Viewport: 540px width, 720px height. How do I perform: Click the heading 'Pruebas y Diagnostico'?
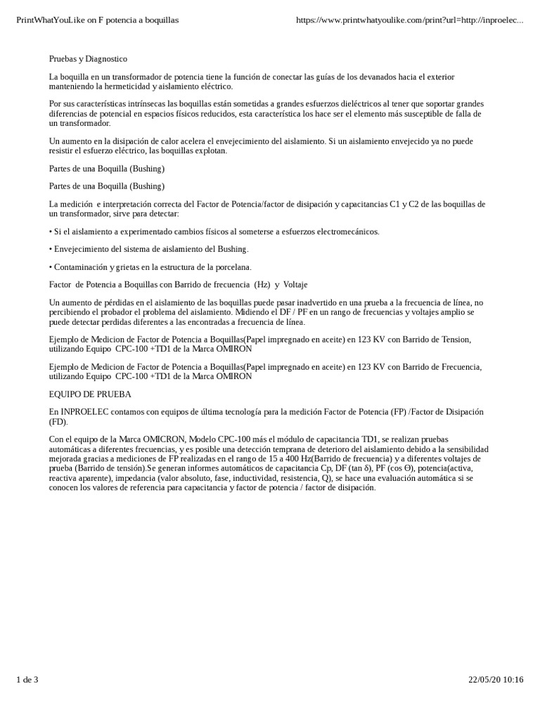(88, 59)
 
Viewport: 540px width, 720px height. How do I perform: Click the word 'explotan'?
(227, 150)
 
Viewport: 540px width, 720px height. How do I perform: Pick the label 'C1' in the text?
(398, 204)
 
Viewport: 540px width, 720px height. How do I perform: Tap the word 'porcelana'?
(231, 266)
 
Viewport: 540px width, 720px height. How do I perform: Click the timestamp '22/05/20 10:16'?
(496, 699)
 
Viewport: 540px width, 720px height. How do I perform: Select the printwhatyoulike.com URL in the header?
(410, 20)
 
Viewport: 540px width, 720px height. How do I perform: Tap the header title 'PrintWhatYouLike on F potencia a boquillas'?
(98, 20)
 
